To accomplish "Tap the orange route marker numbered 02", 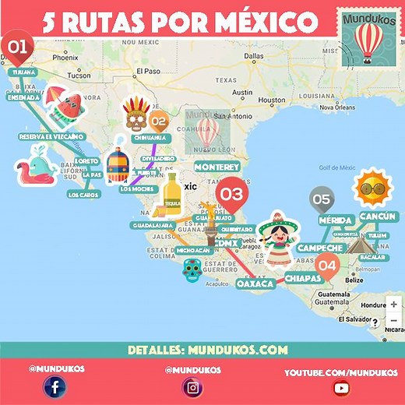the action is tap(158, 121).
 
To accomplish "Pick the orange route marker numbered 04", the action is tap(327, 266).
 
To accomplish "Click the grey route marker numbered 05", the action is tap(321, 199).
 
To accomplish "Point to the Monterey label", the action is tap(217, 167).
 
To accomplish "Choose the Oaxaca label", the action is tap(255, 283).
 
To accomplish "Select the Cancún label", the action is tap(379, 217).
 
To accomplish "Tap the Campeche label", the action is tap(319, 248).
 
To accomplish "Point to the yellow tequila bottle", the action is tap(171, 195).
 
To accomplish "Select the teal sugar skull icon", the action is tap(192, 271).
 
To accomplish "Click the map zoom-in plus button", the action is tap(393, 305).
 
